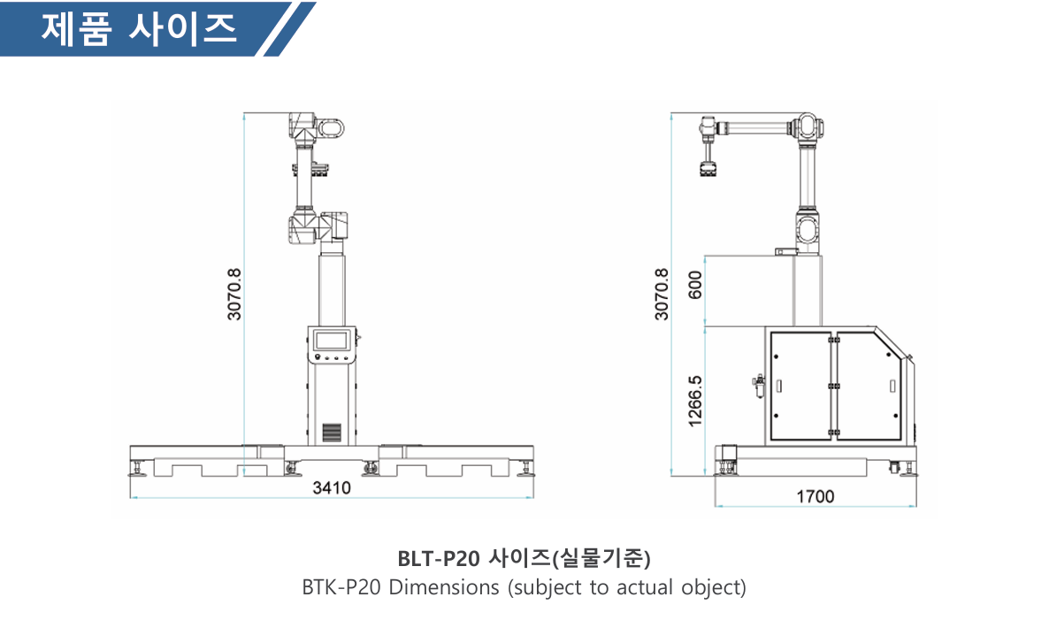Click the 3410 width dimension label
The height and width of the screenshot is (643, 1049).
(x=331, y=487)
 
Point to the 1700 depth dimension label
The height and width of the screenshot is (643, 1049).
(x=815, y=496)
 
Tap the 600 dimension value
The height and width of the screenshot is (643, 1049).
(x=695, y=285)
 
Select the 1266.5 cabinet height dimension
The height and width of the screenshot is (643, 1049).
(x=695, y=400)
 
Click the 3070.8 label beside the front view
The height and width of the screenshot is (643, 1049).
(x=234, y=295)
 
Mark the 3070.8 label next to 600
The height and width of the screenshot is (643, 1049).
(x=661, y=295)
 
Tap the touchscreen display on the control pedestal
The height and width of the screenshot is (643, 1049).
(x=331, y=340)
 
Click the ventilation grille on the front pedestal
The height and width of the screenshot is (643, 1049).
(x=331, y=432)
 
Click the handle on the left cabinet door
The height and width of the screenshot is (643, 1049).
(x=778, y=387)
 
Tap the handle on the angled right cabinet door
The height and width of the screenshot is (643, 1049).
(x=892, y=387)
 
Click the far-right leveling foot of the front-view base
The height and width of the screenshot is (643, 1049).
(x=526, y=468)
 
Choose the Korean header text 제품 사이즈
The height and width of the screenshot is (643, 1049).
(x=139, y=29)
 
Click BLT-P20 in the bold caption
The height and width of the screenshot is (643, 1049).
(x=439, y=558)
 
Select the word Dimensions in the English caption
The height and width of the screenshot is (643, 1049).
(x=443, y=586)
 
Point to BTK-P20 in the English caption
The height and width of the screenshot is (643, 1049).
(x=341, y=586)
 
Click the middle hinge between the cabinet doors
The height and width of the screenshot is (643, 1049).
(x=833, y=387)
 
